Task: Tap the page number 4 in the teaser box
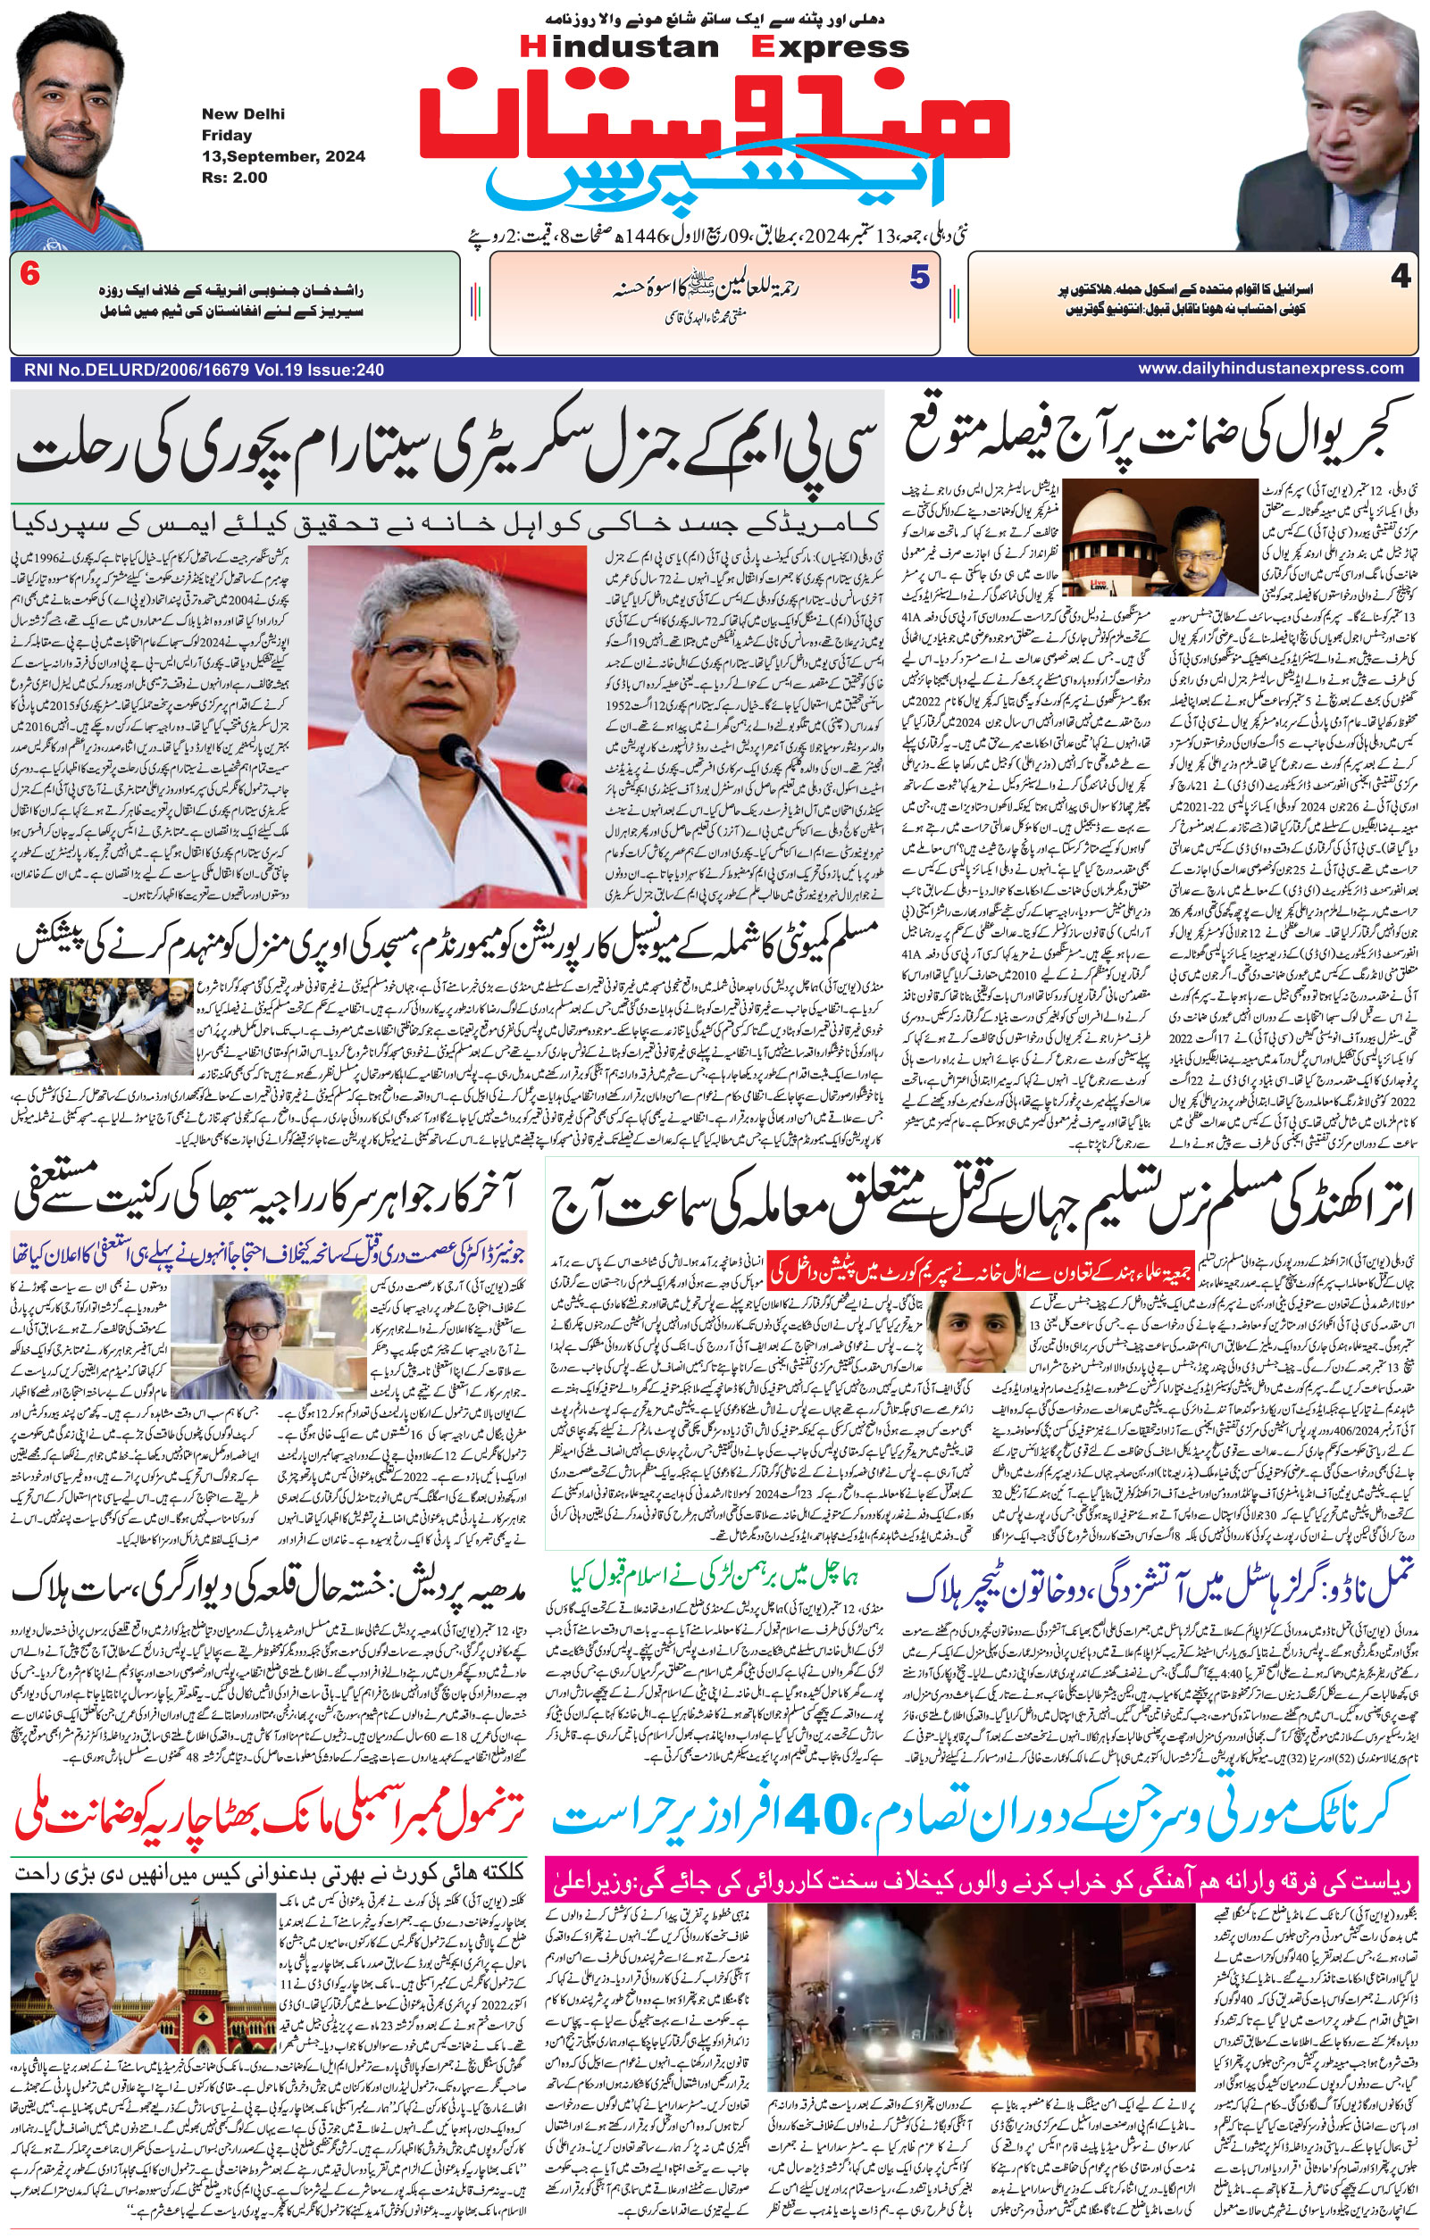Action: click(1401, 277)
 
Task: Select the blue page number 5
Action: click(919, 277)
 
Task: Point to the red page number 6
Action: click(29, 276)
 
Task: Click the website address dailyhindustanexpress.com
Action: click(1270, 369)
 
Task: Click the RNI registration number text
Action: click(198, 370)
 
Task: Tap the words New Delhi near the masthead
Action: click(243, 114)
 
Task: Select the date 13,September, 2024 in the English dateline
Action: click(283, 156)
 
